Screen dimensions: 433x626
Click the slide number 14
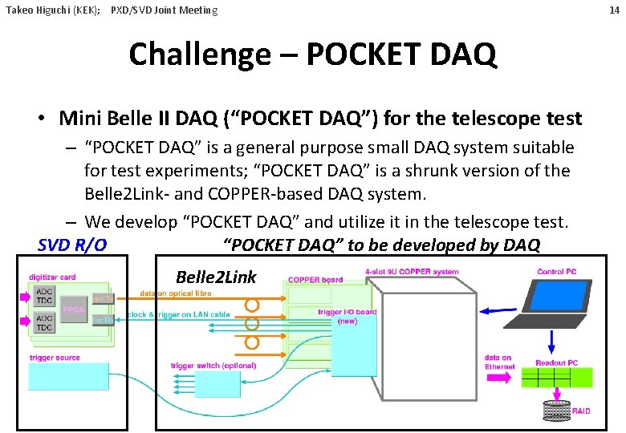click(x=614, y=10)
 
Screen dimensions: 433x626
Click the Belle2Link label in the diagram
click(x=216, y=277)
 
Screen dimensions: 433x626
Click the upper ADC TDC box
click(x=44, y=293)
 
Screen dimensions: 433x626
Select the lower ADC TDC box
click(x=44, y=323)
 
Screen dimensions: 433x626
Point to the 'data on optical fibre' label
click(x=176, y=293)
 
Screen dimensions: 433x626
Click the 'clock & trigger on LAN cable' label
click(x=179, y=315)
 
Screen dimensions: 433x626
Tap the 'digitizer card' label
click(x=52, y=277)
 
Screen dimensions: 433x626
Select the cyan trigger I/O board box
click(x=353, y=353)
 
